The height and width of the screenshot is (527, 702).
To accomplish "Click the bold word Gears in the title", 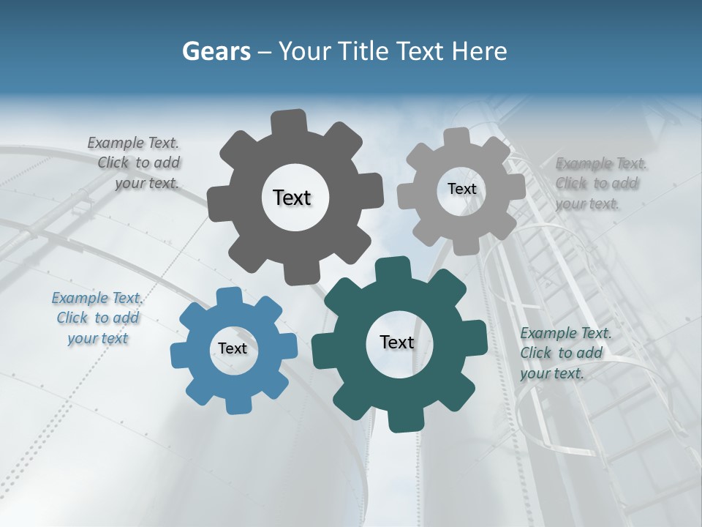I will (x=216, y=51).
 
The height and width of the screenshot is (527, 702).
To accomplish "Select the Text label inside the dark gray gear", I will (x=292, y=198).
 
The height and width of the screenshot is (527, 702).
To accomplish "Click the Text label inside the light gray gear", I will (x=461, y=189).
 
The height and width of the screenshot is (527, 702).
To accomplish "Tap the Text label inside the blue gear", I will (x=233, y=349).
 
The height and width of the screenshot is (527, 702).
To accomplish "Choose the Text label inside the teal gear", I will (x=397, y=343).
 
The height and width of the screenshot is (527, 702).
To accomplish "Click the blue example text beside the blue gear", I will (x=97, y=318).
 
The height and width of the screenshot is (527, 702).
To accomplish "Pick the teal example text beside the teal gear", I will (x=565, y=354).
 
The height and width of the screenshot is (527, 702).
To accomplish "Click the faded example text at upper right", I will (x=600, y=183).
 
